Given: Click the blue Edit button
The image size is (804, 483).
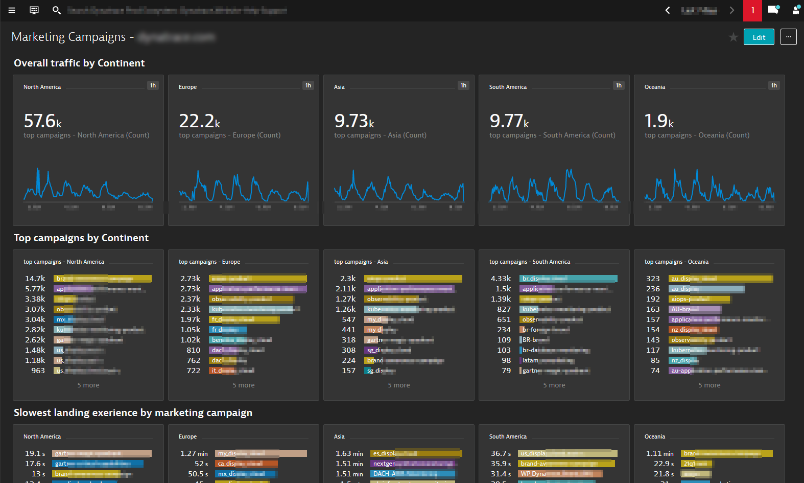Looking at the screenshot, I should point(759,37).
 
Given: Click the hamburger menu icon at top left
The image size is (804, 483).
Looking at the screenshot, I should point(12,10).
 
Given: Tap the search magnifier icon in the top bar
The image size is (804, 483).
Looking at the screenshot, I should point(57,10).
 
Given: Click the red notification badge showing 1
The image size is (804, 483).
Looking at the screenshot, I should point(752,10).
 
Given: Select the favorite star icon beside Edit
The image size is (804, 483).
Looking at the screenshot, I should point(733,37).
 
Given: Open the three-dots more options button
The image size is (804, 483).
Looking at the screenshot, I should point(788,37).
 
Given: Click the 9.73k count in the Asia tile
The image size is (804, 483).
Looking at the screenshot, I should point(354,121).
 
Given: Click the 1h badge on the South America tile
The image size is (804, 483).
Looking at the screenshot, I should point(618,85).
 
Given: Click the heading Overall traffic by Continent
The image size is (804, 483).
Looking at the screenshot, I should point(79,63).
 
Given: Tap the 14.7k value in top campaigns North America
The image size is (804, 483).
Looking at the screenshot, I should point(35,279).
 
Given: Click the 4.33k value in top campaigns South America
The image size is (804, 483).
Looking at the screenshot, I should point(501,279).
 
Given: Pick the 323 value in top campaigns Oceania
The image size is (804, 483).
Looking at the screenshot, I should point(653,279).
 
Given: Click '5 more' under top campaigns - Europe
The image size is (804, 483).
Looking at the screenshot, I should point(244,385).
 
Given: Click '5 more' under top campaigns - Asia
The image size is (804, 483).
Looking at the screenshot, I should point(399,385).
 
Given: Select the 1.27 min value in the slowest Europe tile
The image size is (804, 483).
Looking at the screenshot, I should point(194,453).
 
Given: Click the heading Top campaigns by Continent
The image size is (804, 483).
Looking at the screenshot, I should point(81,238).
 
